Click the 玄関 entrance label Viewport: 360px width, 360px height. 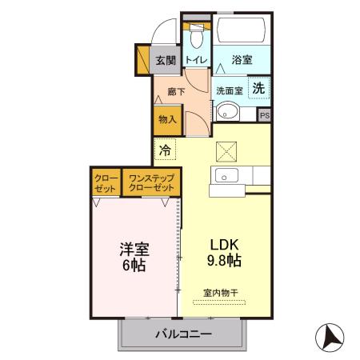(x=166, y=60)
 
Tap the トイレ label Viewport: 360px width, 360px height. (x=196, y=61)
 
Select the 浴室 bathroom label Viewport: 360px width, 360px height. (x=242, y=60)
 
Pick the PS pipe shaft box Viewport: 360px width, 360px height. (x=264, y=114)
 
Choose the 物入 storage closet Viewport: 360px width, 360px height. (x=167, y=119)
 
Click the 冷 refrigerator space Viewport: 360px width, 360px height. (x=165, y=150)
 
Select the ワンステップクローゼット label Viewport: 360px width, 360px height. (x=151, y=182)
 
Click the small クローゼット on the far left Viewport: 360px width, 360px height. (x=106, y=182)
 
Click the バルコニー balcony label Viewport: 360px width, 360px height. (x=183, y=334)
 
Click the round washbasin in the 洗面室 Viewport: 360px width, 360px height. (x=229, y=111)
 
